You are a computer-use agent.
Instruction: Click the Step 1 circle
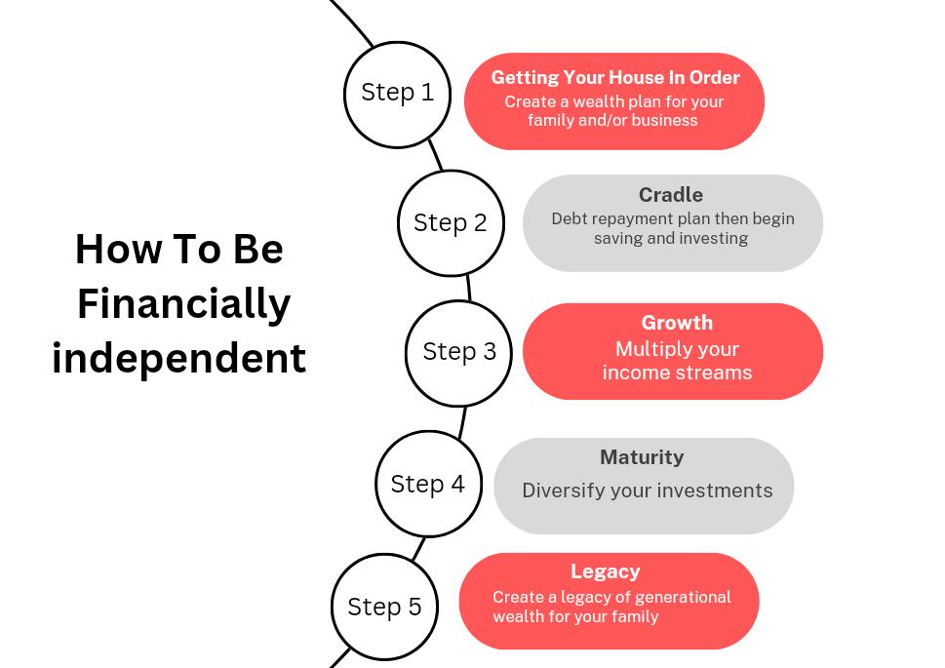click(397, 95)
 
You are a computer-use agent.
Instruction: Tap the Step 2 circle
click(451, 223)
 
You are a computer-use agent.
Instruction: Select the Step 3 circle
click(458, 352)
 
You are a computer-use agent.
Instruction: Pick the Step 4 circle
click(428, 484)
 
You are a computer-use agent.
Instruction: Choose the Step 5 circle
click(384, 607)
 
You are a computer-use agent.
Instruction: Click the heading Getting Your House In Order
click(614, 78)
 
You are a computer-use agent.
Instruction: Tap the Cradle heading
click(671, 195)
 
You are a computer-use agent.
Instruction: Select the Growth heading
click(677, 323)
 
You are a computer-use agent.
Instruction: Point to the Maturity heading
click(642, 457)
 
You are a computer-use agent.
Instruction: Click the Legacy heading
click(606, 571)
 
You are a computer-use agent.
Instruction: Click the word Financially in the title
click(183, 303)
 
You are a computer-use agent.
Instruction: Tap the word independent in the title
click(179, 358)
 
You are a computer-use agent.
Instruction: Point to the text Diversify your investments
click(647, 491)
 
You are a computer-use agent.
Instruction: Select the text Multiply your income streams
click(677, 361)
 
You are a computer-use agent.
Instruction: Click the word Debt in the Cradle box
click(570, 219)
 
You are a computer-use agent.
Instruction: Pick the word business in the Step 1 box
click(665, 121)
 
